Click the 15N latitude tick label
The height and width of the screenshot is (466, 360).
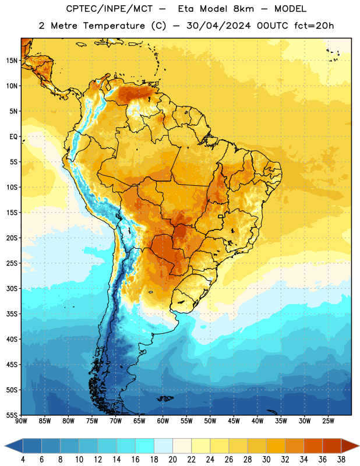pyautogui.click(x=12, y=61)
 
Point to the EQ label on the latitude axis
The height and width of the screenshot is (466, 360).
pyautogui.click(x=13, y=137)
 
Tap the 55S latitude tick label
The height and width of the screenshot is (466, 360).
pyautogui.click(x=12, y=415)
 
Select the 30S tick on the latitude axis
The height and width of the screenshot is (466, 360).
pyautogui.click(x=12, y=288)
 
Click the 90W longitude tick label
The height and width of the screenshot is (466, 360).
pyautogui.click(x=21, y=421)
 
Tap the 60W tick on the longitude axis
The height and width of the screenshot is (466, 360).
pyautogui.click(x=163, y=421)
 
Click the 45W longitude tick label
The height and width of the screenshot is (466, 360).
pyautogui.click(x=234, y=421)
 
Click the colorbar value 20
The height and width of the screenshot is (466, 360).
pyautogui.click(x=172, y=460)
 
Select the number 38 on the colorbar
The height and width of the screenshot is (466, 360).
pyautogui.click(x=341, y=460)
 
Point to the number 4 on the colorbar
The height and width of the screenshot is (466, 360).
pyautogui.click(x=23, y=460)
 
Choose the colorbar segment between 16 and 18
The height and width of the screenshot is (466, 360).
pyautogui.click(x=144, y=446)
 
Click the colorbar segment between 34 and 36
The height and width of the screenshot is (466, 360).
pyautogui.click(x=313, y=446)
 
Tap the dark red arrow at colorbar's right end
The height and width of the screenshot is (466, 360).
pyautogui.click(x=350, y=446)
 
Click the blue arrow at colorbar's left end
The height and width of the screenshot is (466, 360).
pyautogui.click(x=14, y=446)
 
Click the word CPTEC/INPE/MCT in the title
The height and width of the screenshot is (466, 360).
pyautogui.click(x=109, y=9)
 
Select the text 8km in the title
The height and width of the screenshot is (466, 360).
pyautogui.click(x=243, y=9)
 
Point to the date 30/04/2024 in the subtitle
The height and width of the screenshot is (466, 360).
pyautogui.click(x=219, y=26)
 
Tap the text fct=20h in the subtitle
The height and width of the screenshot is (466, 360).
pyautogui.click(x=314, y=26)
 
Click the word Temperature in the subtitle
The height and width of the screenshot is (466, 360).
pyautogui.click(x=114, y=26)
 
